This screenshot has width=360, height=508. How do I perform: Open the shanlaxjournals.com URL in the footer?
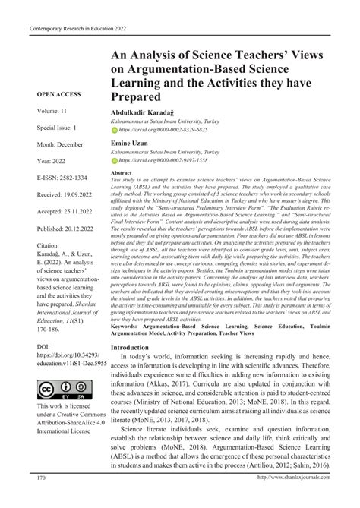coord(292,498)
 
